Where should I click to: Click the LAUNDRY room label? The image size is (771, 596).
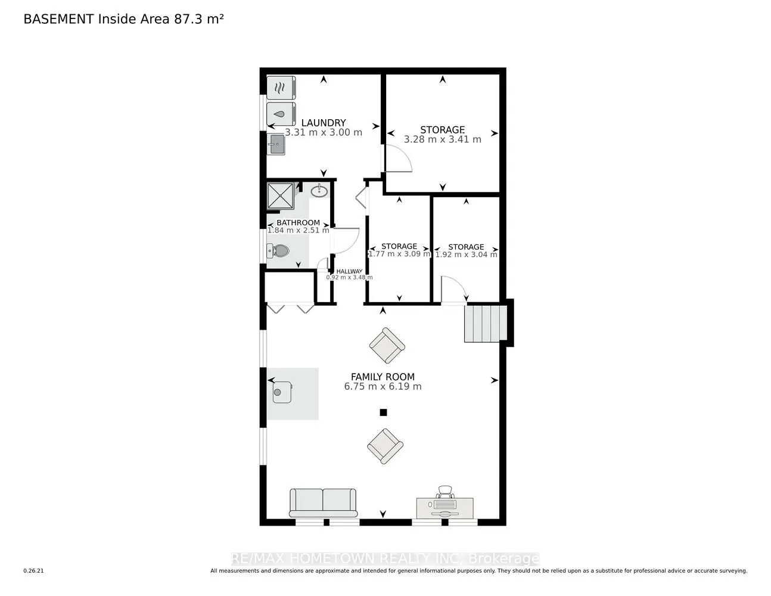point(323,123)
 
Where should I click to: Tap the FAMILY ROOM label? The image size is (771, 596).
point(383,377)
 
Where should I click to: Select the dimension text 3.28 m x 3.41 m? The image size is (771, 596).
point(443,139)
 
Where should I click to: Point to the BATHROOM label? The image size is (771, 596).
point(298,222)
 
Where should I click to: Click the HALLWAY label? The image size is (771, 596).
point(349,271)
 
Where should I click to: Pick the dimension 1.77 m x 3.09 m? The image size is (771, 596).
point(399,254)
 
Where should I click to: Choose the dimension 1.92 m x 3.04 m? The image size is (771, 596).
point(466,254)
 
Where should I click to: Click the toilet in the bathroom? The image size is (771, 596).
point(278,251)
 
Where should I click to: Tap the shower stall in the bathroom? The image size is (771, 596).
point(280,196)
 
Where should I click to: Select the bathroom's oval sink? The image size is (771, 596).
point(319,191)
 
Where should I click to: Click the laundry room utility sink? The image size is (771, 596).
point(276,144)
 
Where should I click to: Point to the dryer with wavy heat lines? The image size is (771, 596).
point(281,88)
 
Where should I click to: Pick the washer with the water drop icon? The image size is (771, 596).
point(281,114)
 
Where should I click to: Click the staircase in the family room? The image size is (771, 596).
point(486,324)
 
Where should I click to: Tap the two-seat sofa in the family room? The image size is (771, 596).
point(323,503)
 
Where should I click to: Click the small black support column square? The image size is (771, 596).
point(383,412)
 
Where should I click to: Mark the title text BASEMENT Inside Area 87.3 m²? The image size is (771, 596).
point(123,19)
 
